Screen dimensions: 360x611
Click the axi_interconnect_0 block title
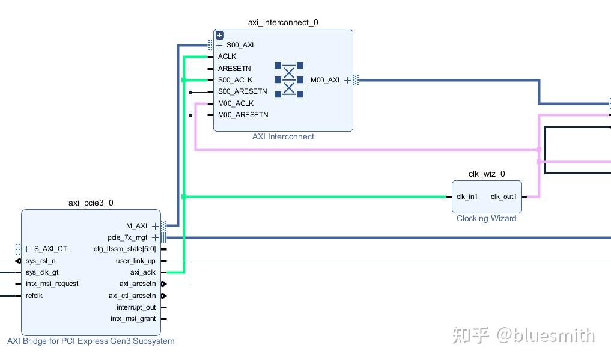283,23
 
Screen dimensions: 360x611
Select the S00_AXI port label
240,45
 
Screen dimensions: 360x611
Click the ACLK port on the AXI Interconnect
227,56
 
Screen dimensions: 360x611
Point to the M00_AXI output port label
325,80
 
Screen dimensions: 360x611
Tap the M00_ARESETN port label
243,115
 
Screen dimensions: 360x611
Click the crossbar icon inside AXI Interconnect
289,79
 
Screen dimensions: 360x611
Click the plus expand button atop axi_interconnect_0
220,35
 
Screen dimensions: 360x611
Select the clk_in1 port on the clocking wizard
467,197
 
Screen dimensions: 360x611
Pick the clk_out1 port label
503,197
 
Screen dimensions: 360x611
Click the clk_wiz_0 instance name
487,174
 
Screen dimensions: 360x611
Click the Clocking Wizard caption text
486,218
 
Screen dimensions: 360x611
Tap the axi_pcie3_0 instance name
91,203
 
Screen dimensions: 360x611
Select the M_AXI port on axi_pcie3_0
136,226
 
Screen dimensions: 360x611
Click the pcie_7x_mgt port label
127,237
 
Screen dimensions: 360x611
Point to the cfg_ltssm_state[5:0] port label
125,249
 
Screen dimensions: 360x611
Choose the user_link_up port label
135,261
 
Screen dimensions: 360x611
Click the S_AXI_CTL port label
52,249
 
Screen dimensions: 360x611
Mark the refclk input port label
34,296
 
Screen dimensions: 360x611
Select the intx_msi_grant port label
133,319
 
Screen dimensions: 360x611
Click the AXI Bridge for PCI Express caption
91,341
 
